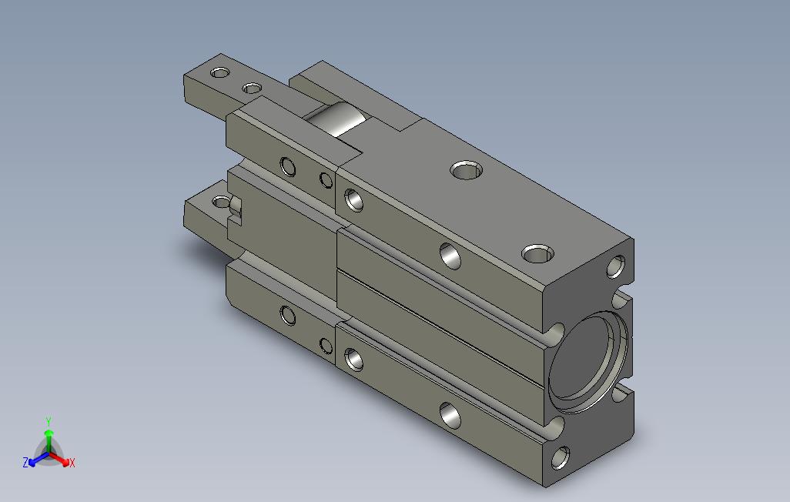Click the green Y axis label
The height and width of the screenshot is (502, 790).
click(49, 421)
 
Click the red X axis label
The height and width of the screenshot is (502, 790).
click(72, 463)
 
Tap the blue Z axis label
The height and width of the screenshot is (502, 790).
click(25, 462)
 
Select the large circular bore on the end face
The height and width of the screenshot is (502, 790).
click(589, 361)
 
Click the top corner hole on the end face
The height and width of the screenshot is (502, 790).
click(616, 266)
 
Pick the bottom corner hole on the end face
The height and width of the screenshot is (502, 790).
click(561, 457)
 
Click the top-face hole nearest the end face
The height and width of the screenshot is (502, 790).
click(537, 253)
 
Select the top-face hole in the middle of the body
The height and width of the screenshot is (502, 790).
click(467, 170)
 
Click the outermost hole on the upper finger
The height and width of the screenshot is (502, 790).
click(219, 72)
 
